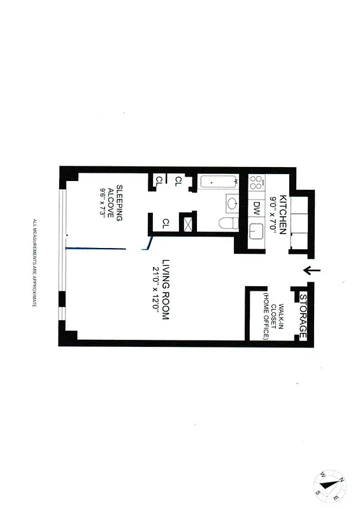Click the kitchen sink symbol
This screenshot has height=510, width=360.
tap(257, 235)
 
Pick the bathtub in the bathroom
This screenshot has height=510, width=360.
tap(217, 182)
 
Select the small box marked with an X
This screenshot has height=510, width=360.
tap(187, 224)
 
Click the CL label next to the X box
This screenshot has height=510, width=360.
tap(166, 223)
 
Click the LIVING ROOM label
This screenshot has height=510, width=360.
tap(164, 288)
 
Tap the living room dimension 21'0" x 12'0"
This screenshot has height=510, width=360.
tap(154, 288)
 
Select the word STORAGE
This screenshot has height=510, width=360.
tap(303, 317)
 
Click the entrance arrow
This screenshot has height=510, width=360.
tap(312, 271)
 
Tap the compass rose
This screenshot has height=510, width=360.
tap(331, 486)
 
